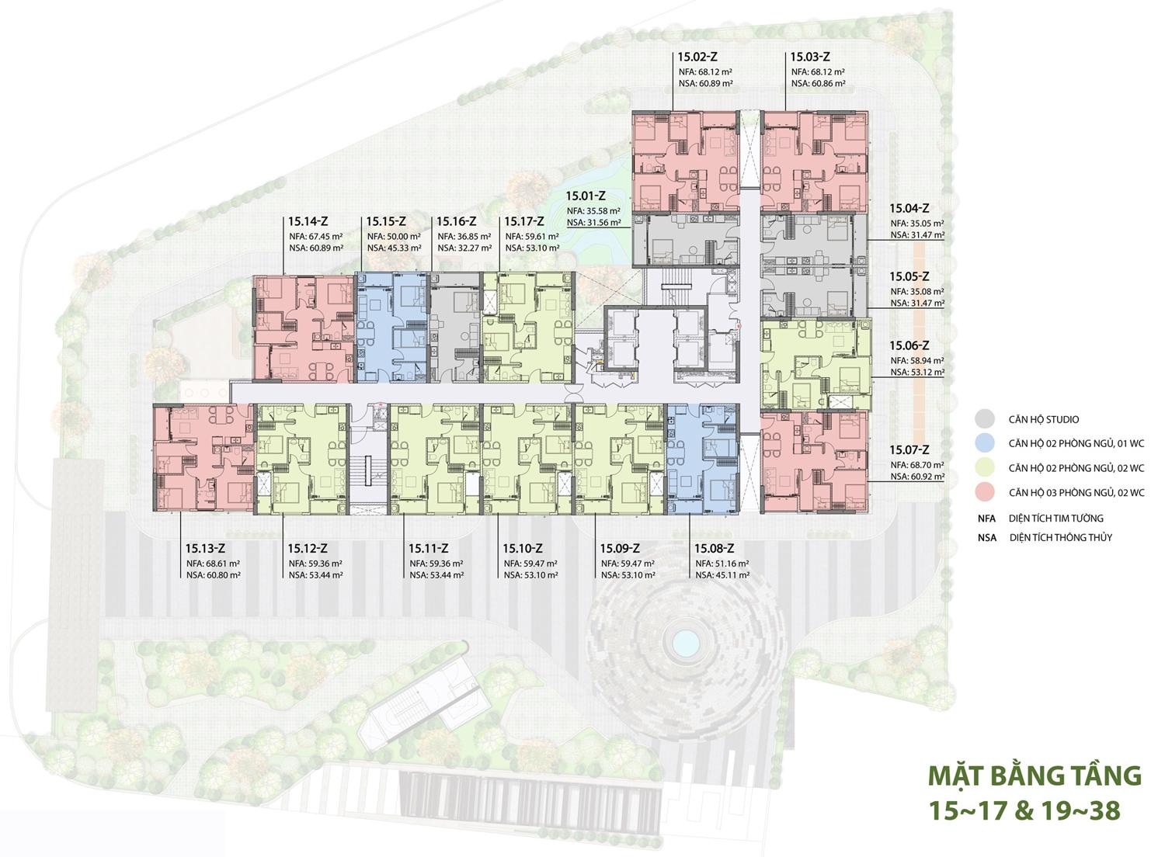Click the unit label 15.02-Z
click(x=697, y=57)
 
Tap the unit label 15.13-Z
click(x=206, y=548)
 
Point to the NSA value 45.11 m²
click(x=731, y=574)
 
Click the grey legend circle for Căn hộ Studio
click(x=985, y=419)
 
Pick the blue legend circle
click(x=985, y=443)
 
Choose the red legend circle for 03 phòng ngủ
click(x=985, y=492)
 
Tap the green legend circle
click(x=985, y=468)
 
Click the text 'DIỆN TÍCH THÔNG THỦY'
click(x=1060, y=537)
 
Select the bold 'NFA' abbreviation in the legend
click(x=986, y=518)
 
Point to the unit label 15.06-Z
click(x=909, y=345)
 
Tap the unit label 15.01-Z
click(x=586, y=196)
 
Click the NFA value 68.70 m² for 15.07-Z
click(x=927, y=465)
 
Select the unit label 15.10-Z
click(x=523, y=548)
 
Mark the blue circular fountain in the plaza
click(x=686, y=642)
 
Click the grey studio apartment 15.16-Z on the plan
click(x=455, y=328)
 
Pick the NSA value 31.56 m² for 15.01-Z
click(x=602, y=222)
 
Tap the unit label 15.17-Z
click(x=524, y=221)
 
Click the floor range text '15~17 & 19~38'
click(x=1024, y=811)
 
